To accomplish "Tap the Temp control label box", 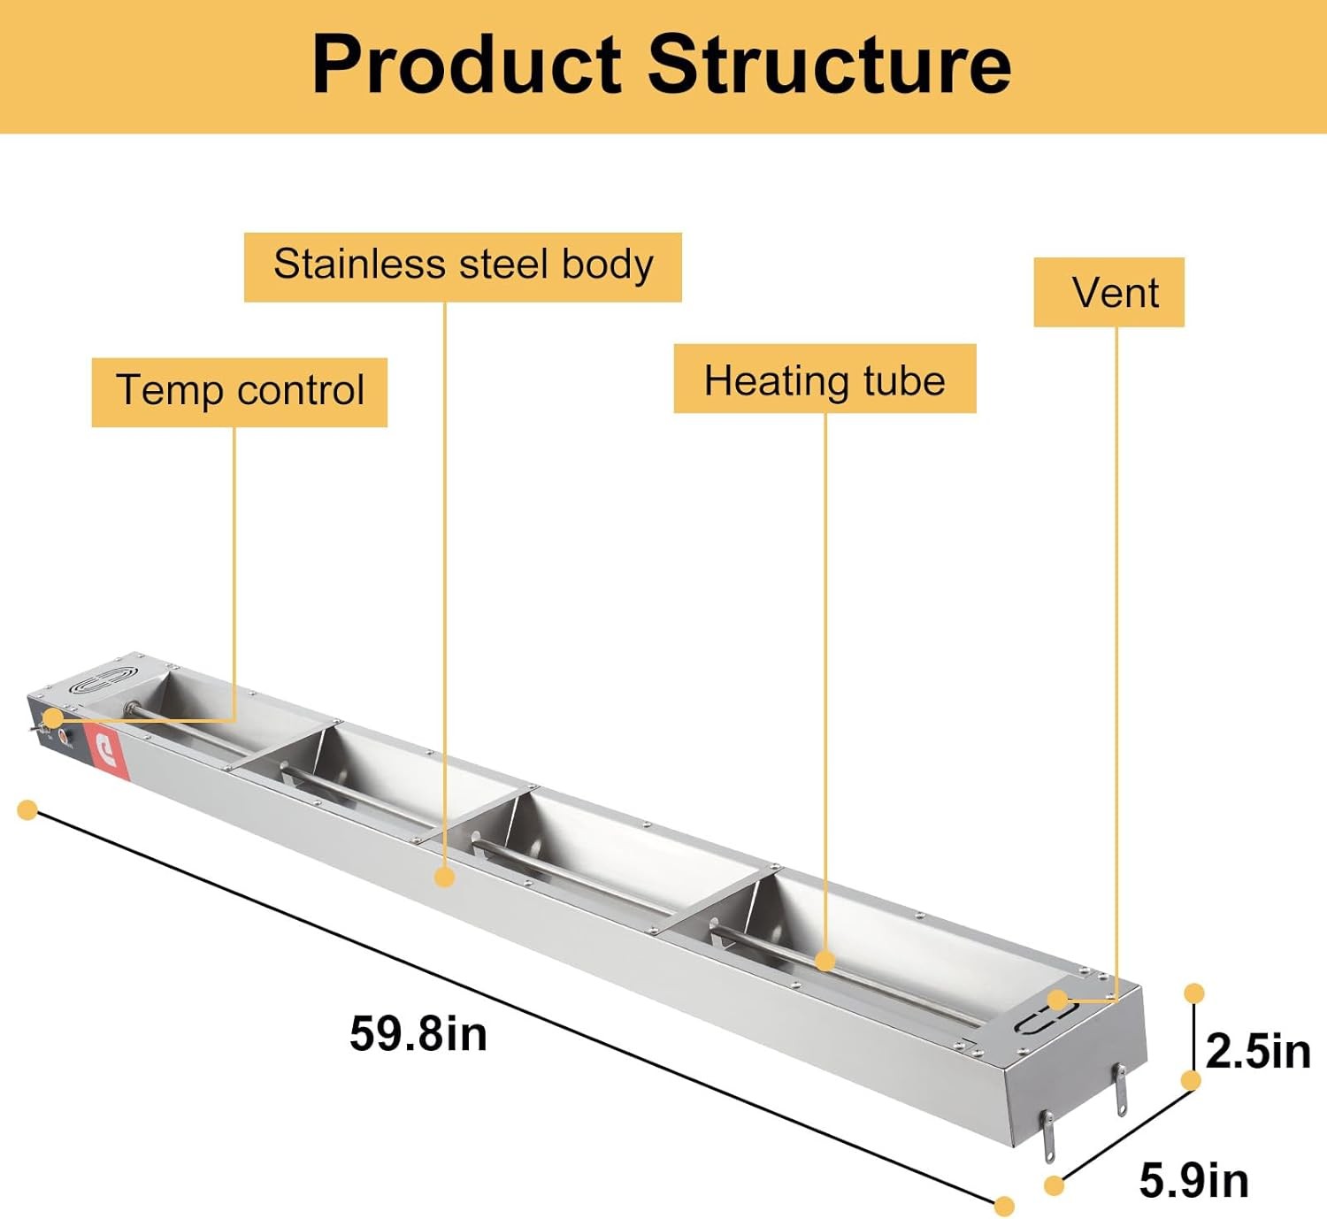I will coord(240,392).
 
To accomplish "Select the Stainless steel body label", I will coord(463,266).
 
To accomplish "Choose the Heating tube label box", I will coord(825,379).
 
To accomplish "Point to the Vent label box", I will coord(1108,292).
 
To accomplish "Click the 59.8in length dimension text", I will coord(418,1033).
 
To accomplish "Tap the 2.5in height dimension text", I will coord(1257,1051).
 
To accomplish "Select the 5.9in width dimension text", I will coord(1193,1180).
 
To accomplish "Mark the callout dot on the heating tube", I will coord(825,961).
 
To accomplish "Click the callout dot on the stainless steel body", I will coord(445,877).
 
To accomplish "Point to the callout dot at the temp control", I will coord(53,717).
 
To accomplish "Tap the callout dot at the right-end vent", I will coord(1057,1000).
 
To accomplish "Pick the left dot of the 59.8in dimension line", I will coord(27,809).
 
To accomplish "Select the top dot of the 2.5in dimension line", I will coord(1193,993).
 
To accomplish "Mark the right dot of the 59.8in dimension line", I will coord(1004,1206).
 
